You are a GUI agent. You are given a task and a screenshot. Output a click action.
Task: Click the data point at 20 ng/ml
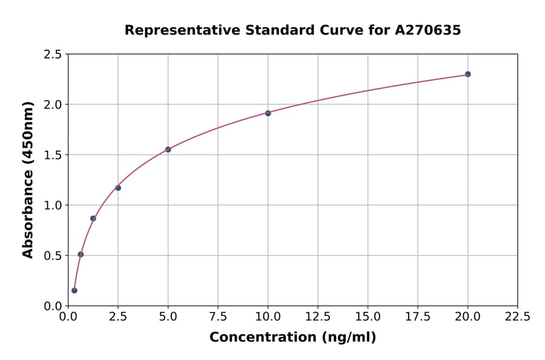click(x=467, y=74)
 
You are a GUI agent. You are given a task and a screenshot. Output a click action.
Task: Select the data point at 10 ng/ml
click(x=268, y=113)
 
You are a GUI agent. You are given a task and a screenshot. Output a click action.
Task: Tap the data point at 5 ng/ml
click(x=168, y=149)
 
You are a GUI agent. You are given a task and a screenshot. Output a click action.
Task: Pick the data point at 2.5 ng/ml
click(x=118, y=188)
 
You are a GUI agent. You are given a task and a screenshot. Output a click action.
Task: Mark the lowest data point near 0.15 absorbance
click(x=74, y=290)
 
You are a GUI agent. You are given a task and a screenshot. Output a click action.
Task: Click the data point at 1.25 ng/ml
click(x=93, y=218)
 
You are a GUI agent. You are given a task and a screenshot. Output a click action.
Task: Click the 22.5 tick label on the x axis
click(x=517, y=316)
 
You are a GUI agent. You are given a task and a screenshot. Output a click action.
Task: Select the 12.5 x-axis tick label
click(x=318, y=316)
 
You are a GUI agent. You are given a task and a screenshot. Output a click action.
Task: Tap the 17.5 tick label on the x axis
click(x=418, y=316)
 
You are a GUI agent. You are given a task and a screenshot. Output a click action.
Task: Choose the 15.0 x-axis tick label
click(x=368, y=316)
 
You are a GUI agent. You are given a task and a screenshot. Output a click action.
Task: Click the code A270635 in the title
click(x=428, y=30)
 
